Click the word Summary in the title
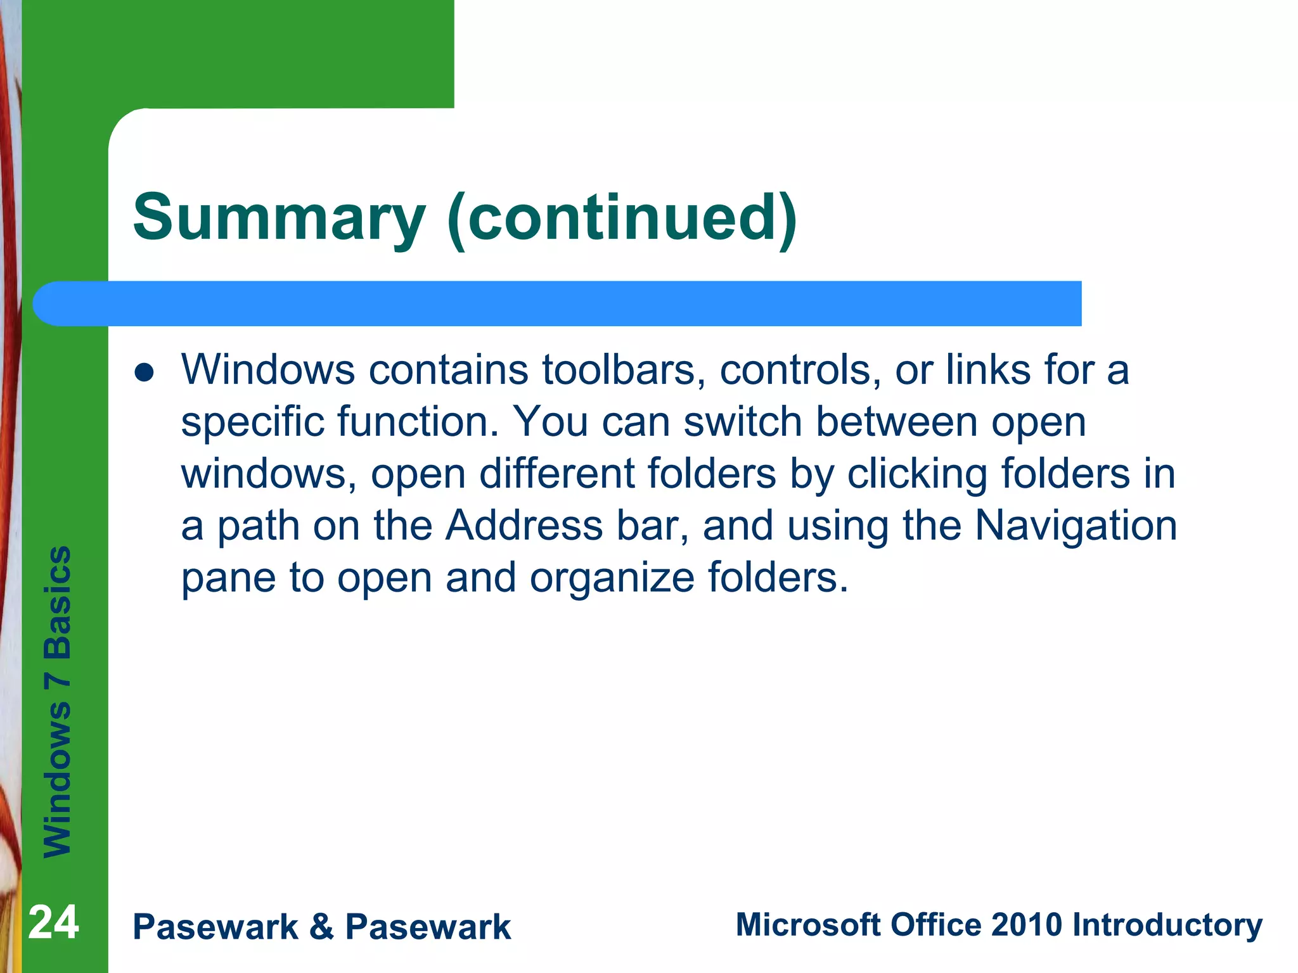279,219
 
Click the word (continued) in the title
622,219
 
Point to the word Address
524,526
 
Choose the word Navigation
1076,526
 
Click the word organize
612,578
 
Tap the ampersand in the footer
321,927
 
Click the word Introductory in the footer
1167,925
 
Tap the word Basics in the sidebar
57,602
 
